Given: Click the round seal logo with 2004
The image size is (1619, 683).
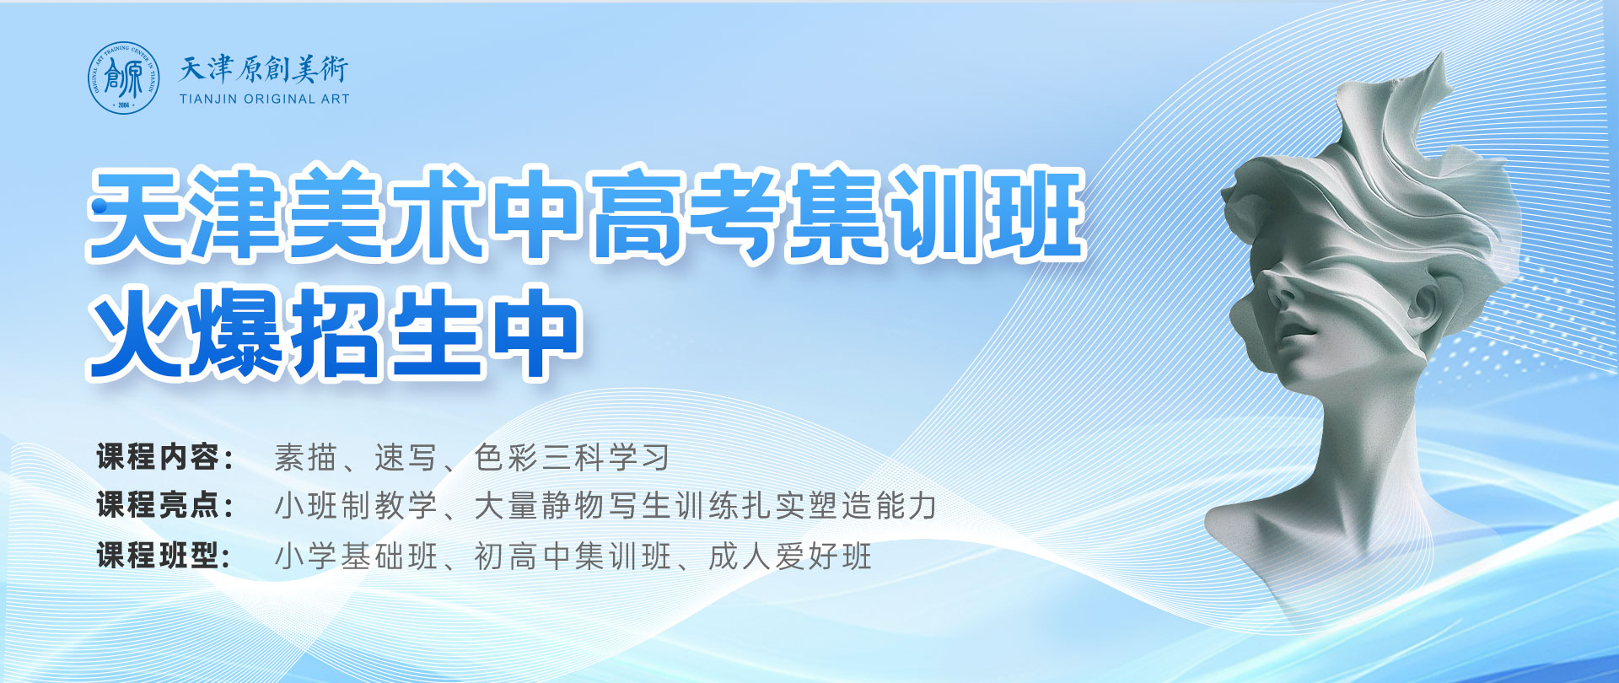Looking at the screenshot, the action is [124, 78].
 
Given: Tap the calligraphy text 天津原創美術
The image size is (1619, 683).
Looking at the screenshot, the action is [264, 69].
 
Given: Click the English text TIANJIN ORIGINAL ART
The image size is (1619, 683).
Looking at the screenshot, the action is [264, 99].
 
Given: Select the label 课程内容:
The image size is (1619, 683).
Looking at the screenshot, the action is [165, 457].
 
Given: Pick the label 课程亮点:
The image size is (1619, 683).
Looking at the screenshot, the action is [165, 506].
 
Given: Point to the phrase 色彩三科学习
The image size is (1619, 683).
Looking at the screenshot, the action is [573, 458].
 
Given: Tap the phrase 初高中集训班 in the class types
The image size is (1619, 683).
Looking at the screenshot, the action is [573, 556].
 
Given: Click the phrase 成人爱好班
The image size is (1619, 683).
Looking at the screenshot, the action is [790, 556].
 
